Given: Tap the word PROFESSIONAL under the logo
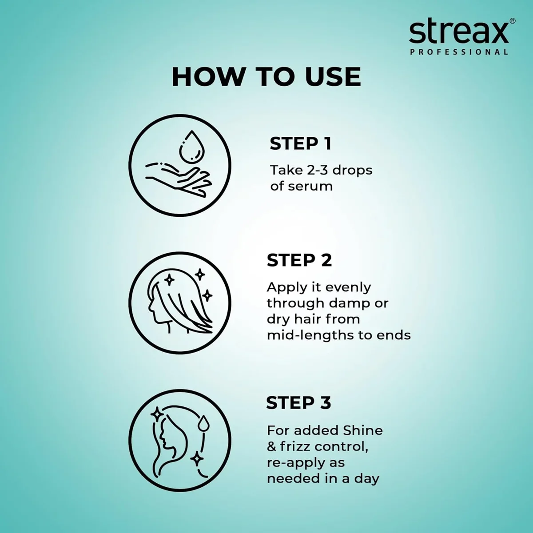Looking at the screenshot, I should coord(459,52).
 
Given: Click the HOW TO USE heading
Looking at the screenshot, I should coord(266,76).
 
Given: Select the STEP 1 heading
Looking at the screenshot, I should coord(301,143).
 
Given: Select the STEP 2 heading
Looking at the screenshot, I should coord(299,260).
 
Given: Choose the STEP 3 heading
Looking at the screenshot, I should coord(298,403).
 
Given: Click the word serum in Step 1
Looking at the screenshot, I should coord(310,186).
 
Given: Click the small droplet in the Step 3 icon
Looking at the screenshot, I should coord(204,422).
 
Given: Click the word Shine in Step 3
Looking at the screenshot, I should coord(363,430).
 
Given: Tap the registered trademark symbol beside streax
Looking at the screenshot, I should coord(512,21).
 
